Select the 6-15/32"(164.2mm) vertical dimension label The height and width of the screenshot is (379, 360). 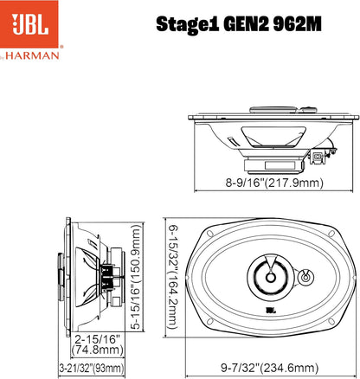click(x=173, y=278)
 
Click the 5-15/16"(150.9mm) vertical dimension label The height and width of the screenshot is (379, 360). click(x=134, y=278)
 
